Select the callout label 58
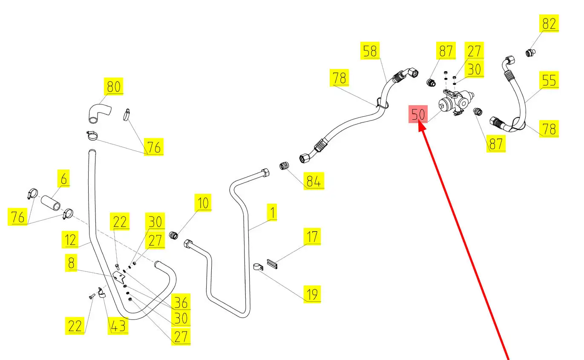[370, 51]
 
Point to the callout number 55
[549, 80]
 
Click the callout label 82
[549, 23]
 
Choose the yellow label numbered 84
[314, 181]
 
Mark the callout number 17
[312, 236]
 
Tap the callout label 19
[312, 294]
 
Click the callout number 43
[118, 326]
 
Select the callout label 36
[181, 302]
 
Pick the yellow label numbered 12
[71, 240]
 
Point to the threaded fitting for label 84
[284, 166]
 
